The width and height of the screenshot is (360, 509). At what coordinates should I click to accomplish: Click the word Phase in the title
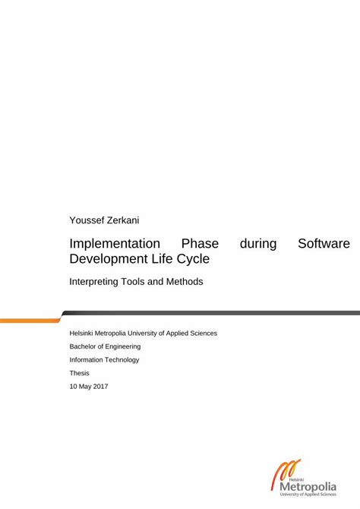pos(200,244)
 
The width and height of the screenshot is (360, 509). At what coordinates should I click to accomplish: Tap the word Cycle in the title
pos(193,259)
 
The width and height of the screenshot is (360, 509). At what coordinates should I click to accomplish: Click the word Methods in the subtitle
pos(184,281)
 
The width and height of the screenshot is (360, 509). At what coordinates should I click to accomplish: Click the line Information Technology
pos(104,359)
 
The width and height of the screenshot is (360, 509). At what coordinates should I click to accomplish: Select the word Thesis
pos(80,373)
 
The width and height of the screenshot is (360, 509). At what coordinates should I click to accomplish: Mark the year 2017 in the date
pos(99,387)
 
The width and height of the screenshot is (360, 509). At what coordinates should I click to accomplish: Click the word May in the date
pos(84,387)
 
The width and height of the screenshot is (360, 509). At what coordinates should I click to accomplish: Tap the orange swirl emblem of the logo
pos(283,472)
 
